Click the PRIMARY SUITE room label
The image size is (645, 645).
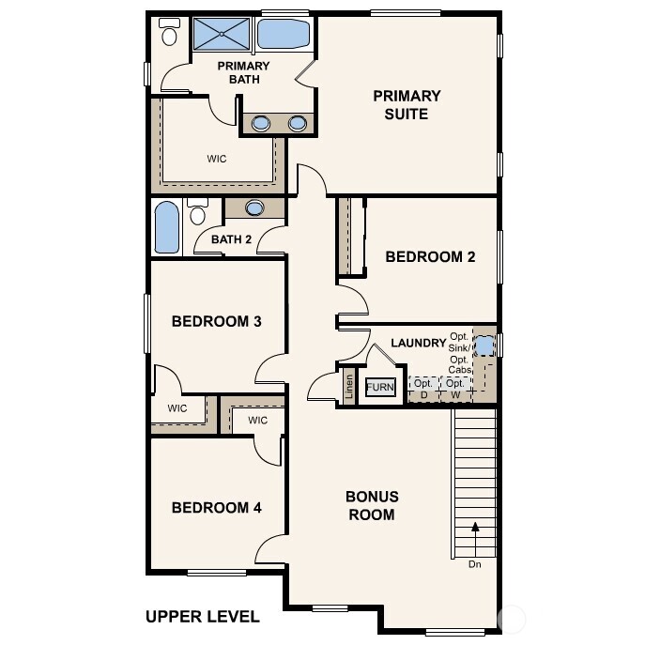(406, 104)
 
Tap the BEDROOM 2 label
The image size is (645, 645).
(430, 256)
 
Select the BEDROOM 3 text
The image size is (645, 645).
(216, 321)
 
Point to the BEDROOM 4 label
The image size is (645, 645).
(216, 507)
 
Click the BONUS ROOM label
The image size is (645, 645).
(372, 505)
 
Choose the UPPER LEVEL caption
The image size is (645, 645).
(202, 617)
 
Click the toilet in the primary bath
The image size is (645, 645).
(170, 33)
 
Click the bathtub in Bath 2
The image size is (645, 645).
(165, 227)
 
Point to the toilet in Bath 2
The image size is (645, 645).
(197, 212)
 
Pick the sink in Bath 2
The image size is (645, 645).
(254, 208)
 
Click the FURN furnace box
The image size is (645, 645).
(380, 387)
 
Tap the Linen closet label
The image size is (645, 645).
(348, 388)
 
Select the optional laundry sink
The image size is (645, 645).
(484, 346)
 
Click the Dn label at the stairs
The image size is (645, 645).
(476, 564)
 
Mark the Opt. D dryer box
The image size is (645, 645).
(423, 389)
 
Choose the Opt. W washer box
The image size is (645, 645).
(454, 389)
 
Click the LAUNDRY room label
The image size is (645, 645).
(418, 343)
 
